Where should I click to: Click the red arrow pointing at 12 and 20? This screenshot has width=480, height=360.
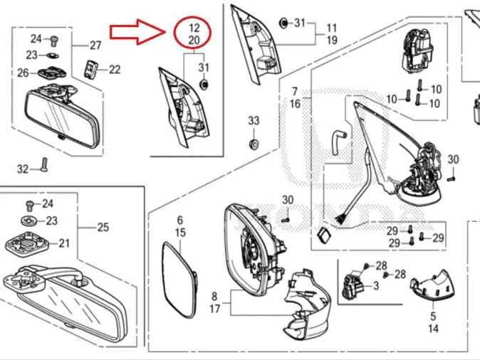pyautogui.click(x=137, y=31)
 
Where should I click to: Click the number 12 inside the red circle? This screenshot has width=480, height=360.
pyautogui.click(x=194, y=28)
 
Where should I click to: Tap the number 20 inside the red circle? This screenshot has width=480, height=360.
pyautogui.click(x=194, y=40)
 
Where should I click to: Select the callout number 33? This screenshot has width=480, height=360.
pyautogui.click(x=254, y=120)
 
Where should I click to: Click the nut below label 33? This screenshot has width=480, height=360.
pyautogui.click(x=254, y=144)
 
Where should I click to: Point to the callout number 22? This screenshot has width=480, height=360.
pyautogui.click(x=115, y=70)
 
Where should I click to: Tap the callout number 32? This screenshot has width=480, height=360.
pyautogui.click(x=23, y=169)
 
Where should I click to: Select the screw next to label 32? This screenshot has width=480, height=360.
pyautogui.click(x=44, y=164)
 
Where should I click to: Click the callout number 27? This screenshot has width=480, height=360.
pyautogui.click(x=95, y=46)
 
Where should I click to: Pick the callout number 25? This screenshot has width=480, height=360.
pyautogui.click(x=103, y=227)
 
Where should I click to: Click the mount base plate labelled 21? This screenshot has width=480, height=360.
pyautogui.click(x=27, y=244)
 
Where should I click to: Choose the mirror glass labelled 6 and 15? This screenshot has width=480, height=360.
pyautogui.click(x=179, y=278)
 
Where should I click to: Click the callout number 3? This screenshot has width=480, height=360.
pyautogui.click(x=376, y=286)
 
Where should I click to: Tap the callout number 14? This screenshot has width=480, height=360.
pyautogui.click(x=433, y=329)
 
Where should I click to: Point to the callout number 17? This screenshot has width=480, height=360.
pyautogui.click(x=214, y=309)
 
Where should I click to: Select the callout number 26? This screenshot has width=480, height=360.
pyautogui.click(x=23, y=73)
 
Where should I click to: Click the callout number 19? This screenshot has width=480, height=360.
pyautogui.click(x=332, y=40)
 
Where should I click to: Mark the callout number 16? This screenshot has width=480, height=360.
pyautogui.click(x=295, y=104)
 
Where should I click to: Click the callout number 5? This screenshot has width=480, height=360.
pyautogui.click(x=433, y=316)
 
